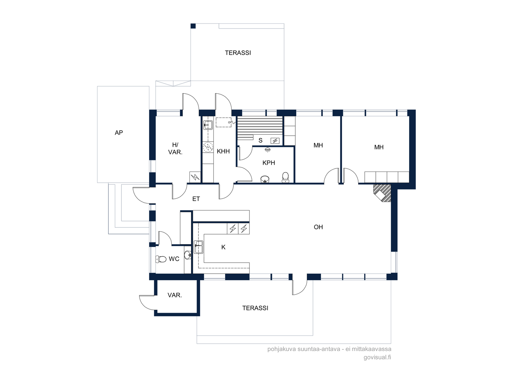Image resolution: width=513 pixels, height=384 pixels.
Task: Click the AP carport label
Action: tap(119, 133)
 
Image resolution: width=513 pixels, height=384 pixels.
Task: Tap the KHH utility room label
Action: tap(223, 151)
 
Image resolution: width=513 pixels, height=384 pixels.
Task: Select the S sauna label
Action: tap(260, 140)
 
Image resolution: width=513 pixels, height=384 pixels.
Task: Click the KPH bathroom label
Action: tap(269, 163)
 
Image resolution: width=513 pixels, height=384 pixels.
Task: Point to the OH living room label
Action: tap(318, 227)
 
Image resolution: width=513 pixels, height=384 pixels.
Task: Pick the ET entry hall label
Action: tap(196, 199)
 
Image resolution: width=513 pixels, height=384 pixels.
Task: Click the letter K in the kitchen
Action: tap(223, 247)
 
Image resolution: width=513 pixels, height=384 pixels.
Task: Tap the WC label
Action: tap(174, 259)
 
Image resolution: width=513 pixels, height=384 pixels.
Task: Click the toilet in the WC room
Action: tap(161, 259)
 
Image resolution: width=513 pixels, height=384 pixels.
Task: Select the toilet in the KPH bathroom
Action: tap(285, 177)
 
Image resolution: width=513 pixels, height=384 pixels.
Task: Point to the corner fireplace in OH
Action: tap(382, 193)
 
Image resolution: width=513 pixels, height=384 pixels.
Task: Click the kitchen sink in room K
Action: tap(198, 247)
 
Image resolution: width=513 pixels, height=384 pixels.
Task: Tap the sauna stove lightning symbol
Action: tap(275, 141)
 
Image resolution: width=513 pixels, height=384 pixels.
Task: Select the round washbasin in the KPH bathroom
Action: tap(265, 179)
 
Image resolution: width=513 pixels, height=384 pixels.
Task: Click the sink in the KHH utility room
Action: tap(208, 125)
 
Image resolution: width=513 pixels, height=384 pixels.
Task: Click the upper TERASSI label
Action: tap(238, 53)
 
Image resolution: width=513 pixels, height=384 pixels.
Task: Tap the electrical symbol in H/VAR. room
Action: tap(195, 177)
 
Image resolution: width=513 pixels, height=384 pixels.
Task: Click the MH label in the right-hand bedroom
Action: tap(379, 147)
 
